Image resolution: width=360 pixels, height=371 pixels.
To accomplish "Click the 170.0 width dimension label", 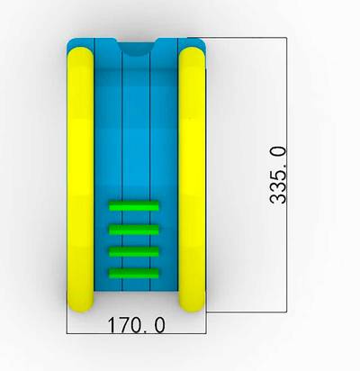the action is pos(136,325).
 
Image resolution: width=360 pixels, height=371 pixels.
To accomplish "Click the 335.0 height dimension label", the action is pos(278,175).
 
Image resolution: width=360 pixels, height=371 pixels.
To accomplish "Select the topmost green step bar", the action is pos(133,206).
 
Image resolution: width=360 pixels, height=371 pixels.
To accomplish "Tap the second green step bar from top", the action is pos(133,230).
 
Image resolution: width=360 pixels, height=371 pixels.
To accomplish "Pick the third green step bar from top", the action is pos(133,252).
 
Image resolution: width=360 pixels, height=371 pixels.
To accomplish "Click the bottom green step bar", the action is pos(133,273).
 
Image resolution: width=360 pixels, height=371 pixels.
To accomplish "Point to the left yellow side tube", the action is pos(80,179).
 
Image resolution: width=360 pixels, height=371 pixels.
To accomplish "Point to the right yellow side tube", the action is pos(192,179).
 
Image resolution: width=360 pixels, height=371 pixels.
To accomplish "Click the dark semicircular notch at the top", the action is pos(137,49).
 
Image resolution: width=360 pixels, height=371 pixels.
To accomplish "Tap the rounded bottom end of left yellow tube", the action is pos(80,304).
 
